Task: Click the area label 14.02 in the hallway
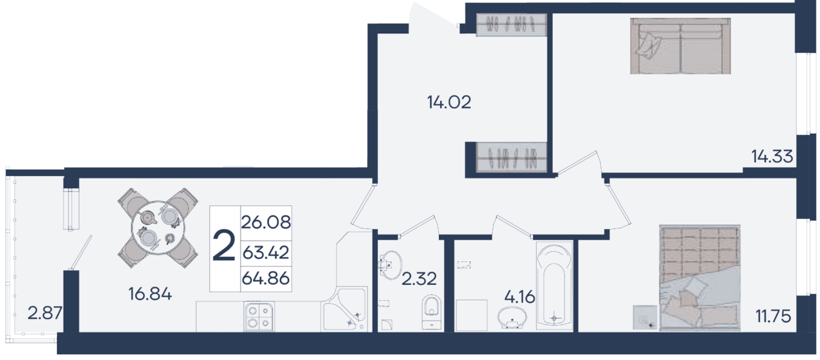tap(449, 102)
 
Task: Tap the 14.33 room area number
tap(772, 156)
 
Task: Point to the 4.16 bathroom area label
tap(519, 297)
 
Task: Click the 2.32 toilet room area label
tap(419, 279)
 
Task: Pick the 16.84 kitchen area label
tap(150, 294)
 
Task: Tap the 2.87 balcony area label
tap(45, 313)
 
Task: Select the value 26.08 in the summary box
tap(266, 222)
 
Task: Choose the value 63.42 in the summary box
tap(266, 253)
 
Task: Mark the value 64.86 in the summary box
tap(266, 278)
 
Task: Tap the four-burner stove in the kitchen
tap(260, 316)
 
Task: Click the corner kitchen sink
tap(344, 310)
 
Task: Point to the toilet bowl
tap(432, 312)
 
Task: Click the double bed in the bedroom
tap(700, 278)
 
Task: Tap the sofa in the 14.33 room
tap(681, 46)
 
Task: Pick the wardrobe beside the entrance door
tap(512, 25)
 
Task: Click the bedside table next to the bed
tap(645, 317)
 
